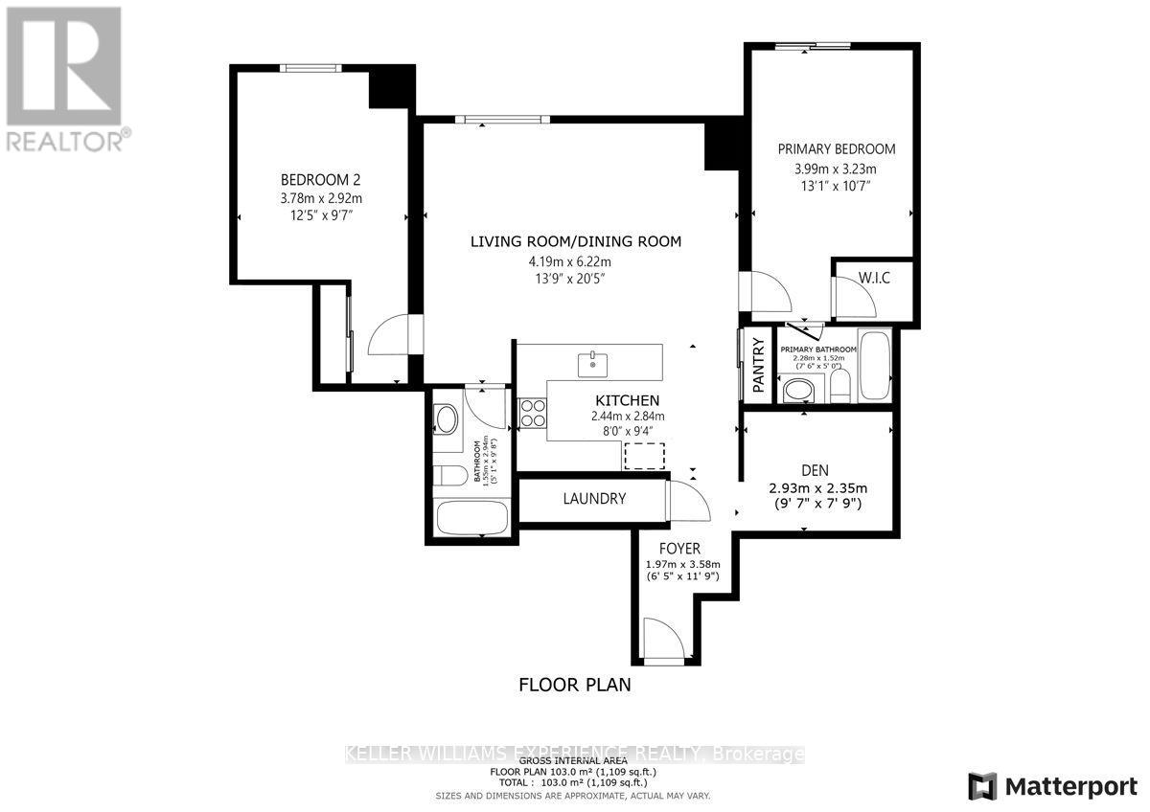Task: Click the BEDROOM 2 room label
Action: tap(320, 180)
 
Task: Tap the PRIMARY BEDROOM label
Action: tap(836, 149)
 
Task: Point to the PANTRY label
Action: tap(758, 364)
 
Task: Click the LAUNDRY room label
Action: tap(594, 499)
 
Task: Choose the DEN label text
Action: tap(814, 470)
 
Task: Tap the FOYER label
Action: tap(679, 549)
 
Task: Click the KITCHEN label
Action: tap(627, 400)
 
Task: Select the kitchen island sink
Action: tap(593, 363)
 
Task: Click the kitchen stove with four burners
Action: tap(533, 413)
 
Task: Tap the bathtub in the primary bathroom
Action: tap(874, 365)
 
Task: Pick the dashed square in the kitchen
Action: tap(645, 456)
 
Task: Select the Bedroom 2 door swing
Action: tap(388, 337)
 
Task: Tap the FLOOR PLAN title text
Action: tap(575, 685)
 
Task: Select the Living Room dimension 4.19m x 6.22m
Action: tap(575, 260)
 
